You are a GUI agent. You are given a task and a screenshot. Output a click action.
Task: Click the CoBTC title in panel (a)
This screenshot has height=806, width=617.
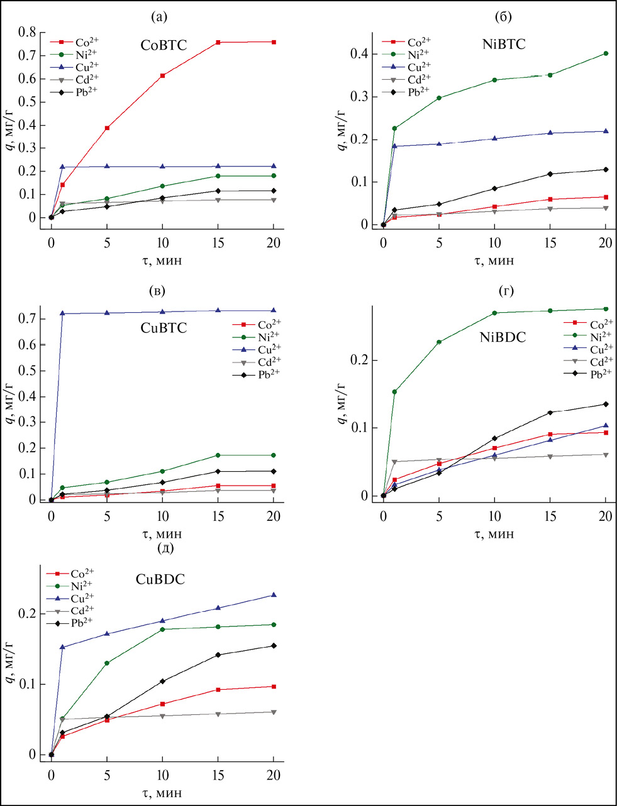(x=164, y=46)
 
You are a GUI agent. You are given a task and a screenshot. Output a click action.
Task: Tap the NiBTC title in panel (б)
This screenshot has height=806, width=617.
(x=502, y=45)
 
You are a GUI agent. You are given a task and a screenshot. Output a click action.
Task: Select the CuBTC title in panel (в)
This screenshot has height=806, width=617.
(x=164, y=328)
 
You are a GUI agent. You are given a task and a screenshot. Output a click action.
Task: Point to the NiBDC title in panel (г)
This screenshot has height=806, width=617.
(x=503, y=337)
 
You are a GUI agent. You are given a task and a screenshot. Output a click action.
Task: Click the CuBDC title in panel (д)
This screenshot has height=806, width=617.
(x=160, y=580)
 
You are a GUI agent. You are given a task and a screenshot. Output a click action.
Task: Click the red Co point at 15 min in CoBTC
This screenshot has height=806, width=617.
(x=218, y=42)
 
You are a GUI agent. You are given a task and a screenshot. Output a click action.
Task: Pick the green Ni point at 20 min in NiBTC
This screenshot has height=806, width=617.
(x=606, y=53)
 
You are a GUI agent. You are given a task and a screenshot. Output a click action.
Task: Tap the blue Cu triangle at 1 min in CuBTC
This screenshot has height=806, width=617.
(x=62, y=313)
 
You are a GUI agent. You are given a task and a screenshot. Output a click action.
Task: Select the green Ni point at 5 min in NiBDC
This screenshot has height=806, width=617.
(x=439, y=342)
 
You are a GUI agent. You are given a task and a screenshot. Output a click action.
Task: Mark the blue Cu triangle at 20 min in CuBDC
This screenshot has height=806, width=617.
(x=274, y=595)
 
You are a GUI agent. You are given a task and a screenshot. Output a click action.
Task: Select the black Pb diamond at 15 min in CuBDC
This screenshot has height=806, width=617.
(x=218, y=655)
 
